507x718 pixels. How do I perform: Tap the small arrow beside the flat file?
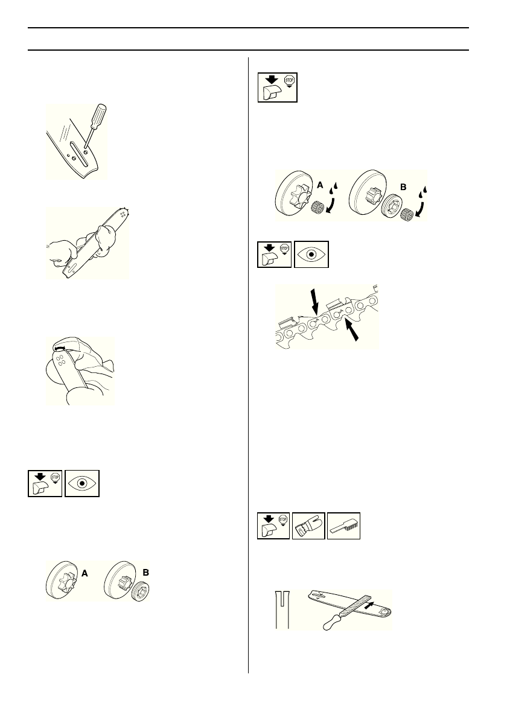click(x=375, y=601)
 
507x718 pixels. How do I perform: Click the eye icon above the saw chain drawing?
click(x=311, y=254)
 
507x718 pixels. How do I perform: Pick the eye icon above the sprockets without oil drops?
click(x=82, y=483)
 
